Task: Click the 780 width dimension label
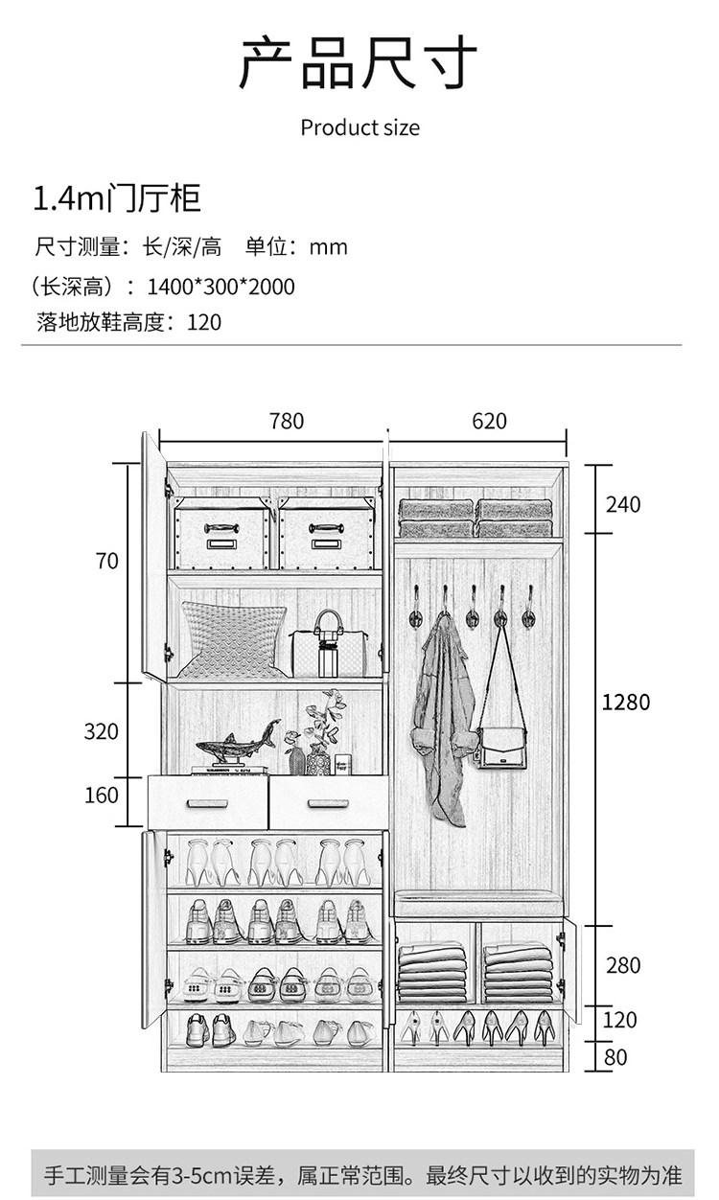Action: pos(287,421)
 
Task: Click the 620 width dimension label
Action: pos(489,421)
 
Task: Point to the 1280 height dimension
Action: pos(626,702)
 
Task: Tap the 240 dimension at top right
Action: pos(623,505)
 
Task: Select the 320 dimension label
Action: pos(101,731)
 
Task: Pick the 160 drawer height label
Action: pos(102,795)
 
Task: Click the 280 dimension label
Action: pos(623,965)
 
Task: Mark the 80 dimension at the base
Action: pos(615,1057)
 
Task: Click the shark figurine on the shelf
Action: pos(239,743)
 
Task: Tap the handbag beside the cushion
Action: pos(329,644)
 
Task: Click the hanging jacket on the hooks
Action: pos(444,720)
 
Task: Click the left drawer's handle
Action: pos(207,803)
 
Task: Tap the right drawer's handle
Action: pos(328,803)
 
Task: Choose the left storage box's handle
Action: pos(221,528)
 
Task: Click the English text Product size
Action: pos(360,127)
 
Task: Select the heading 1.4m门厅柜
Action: pos(117,197)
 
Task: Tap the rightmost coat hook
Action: pos(529,607)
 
